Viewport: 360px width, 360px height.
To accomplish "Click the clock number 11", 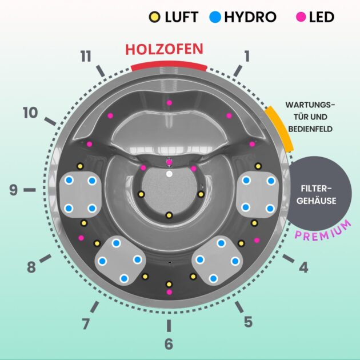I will pos(86,56).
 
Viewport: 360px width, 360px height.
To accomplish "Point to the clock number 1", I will pos(247,56).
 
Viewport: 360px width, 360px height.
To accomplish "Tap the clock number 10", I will pos(30,113).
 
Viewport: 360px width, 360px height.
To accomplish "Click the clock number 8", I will pos(31,266).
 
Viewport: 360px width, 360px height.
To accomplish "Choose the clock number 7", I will pos(86,323).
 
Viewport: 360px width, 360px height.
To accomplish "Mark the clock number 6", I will pos(169,344).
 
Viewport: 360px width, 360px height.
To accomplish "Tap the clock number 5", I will pos(247,322).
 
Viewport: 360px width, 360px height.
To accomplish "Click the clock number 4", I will pos(303,266).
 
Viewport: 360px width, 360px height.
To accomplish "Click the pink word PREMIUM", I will pos(323,231).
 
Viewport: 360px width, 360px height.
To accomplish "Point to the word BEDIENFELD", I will pos(311,129).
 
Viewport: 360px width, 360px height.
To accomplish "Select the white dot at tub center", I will pos(169,173).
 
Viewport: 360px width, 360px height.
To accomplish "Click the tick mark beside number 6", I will pos(169,325).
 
